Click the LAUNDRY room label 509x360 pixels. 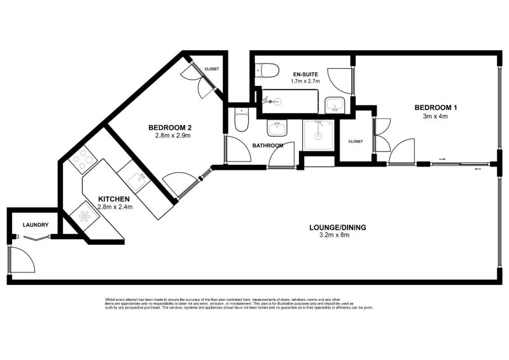coord(36,225)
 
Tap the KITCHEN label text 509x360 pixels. coord(114,199)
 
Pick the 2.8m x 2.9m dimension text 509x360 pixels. coord(172,135)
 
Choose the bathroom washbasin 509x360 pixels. coord(277,129)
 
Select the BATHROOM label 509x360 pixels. coord(268,146)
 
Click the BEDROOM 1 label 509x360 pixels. coord(435,107)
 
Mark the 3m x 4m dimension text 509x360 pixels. coord(435,116)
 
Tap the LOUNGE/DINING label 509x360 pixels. coord(337,226)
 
